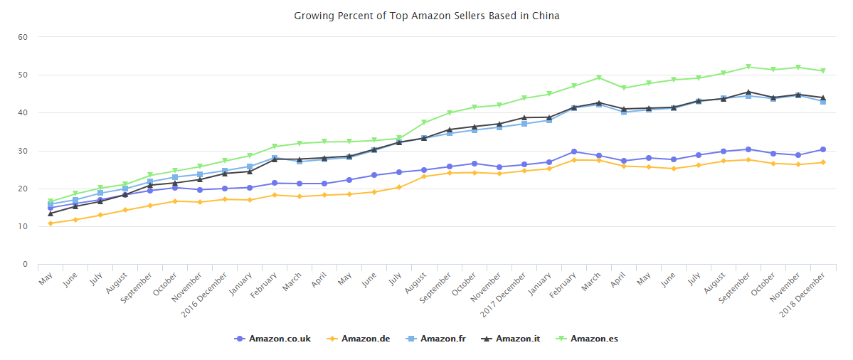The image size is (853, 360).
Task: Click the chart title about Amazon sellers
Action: point(426,16)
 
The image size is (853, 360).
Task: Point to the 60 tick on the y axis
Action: point(23,37)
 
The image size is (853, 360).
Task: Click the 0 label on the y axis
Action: point(26,265)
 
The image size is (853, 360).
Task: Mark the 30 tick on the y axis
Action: point(23,151)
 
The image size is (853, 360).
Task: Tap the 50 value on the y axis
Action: point(23,75)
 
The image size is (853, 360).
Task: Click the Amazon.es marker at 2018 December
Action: point(822,70)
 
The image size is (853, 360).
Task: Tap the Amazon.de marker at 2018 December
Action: point(822,162)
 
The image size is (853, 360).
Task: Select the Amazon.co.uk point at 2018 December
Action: point(822,149)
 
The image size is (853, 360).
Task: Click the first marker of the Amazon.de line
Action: point(51,223)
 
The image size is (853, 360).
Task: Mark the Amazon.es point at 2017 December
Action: point(524,98)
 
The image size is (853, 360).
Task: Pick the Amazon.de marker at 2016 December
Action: point(225,199)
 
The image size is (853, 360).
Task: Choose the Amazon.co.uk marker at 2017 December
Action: point(524,164)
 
